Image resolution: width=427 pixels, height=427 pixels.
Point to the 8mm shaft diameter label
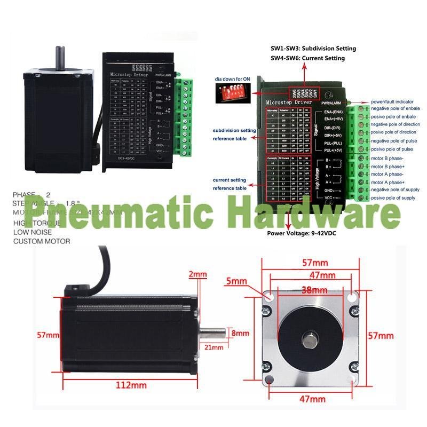(x=240, y=333)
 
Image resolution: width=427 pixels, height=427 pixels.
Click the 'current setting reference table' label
(x=230, y=184)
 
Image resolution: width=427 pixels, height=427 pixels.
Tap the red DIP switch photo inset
(x=230, y=95)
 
